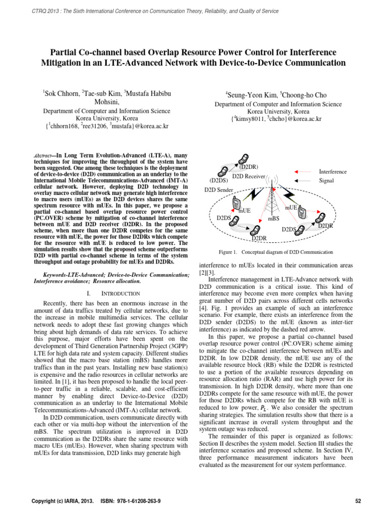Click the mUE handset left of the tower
click(236, 203)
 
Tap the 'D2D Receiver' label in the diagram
click(248, 176)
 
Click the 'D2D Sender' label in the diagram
click(219, 189)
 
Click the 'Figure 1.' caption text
click(226, 251)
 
